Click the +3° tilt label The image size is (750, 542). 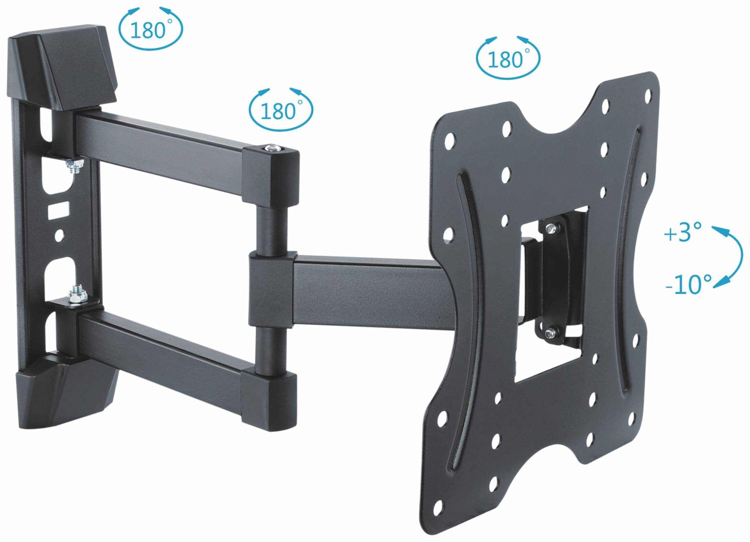[x=682, y=232]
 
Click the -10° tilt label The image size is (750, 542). [x=688, y=284]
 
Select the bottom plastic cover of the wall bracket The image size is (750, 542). [x=65, y=393]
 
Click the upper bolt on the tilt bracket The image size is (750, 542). [x=550, y=228]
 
